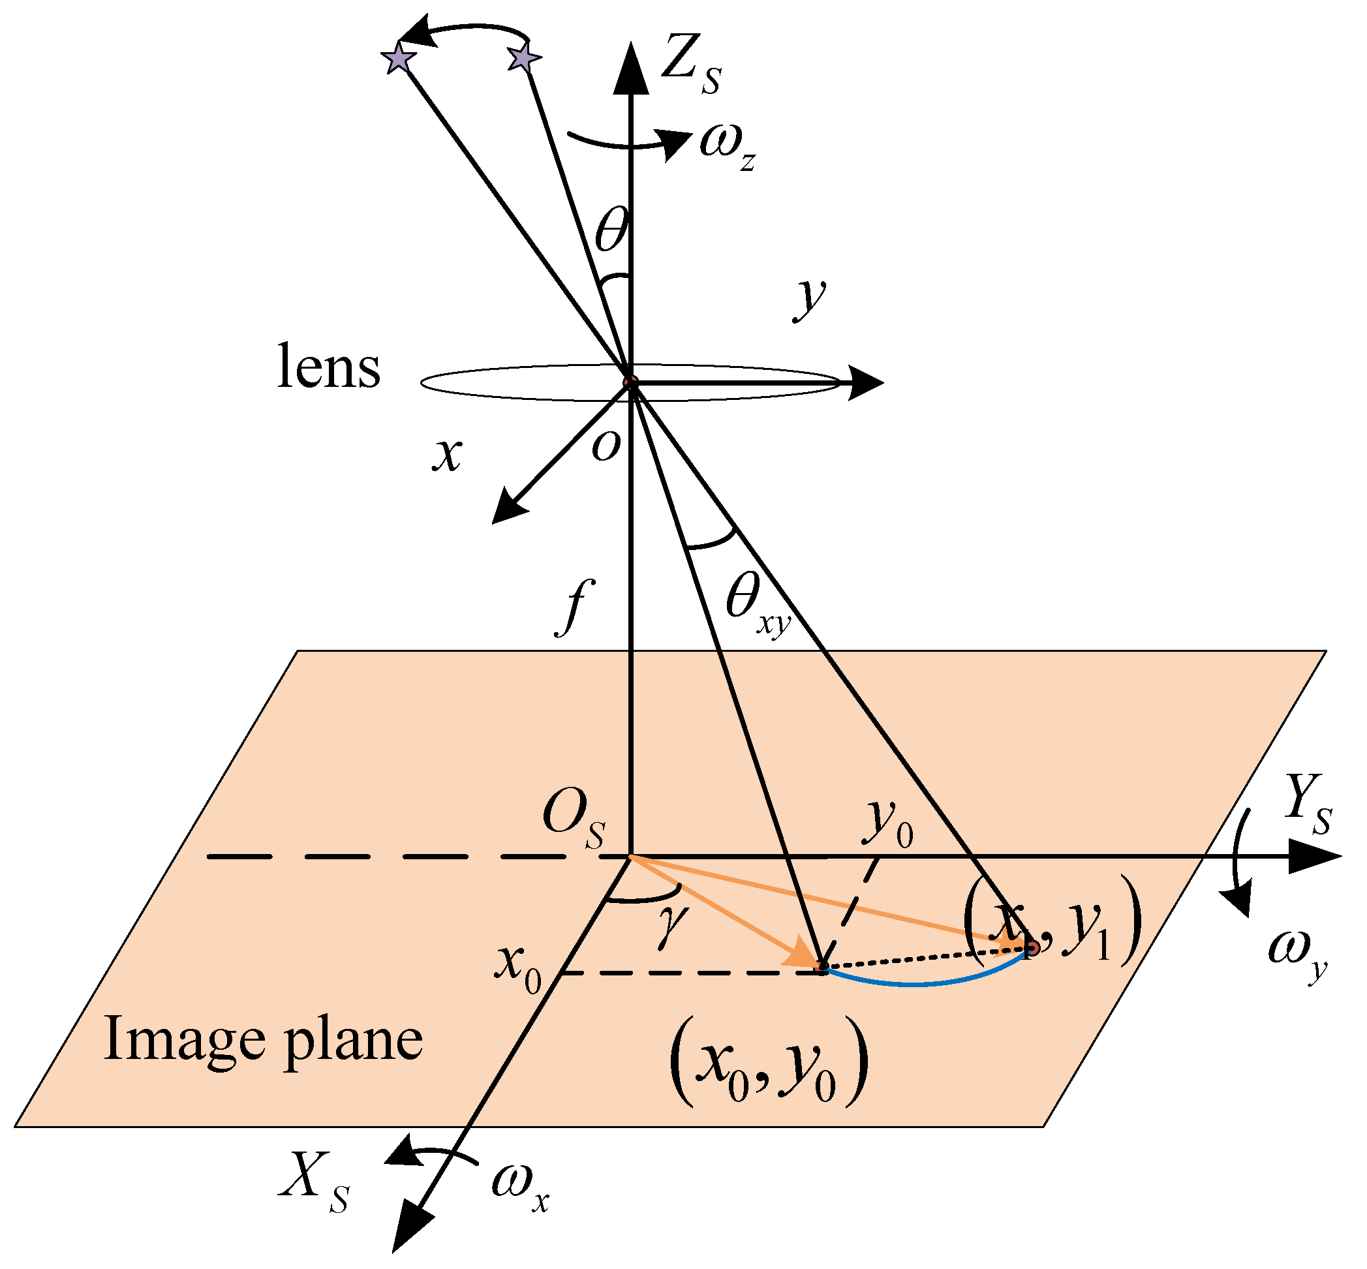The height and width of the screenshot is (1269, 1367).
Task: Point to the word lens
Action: coord(328,367)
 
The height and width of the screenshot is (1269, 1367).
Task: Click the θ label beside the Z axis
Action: coord(611,230)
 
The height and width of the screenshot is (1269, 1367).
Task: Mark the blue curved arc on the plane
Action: coord(920,983)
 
